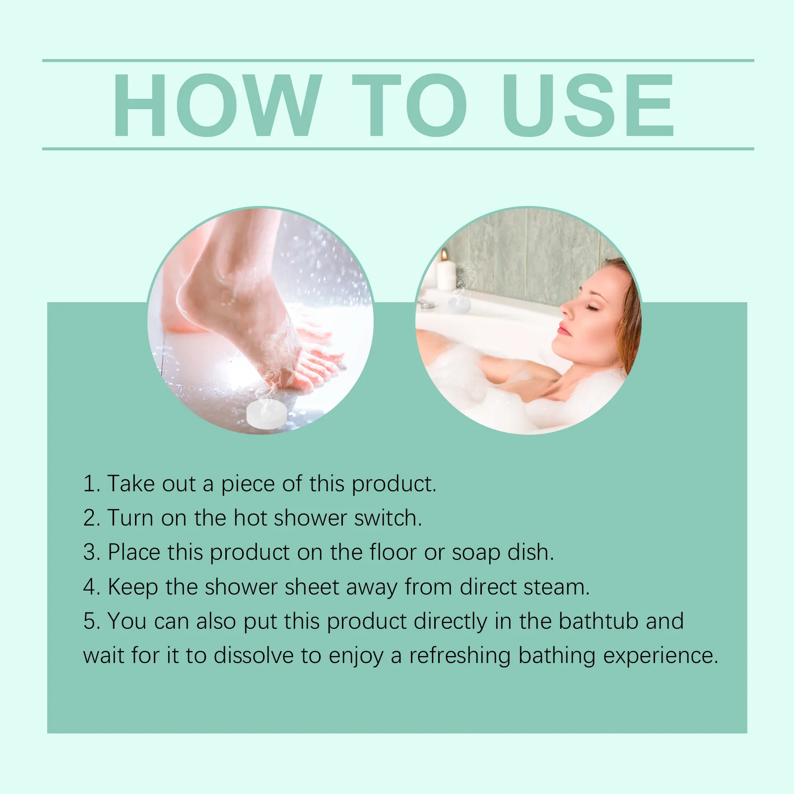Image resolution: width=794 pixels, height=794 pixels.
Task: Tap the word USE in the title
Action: point(588,105)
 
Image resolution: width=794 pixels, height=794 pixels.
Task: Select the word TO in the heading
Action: point(409,105)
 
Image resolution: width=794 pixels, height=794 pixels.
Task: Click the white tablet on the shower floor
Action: point(267,414)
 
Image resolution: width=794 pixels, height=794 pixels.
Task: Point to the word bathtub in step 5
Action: point(598,621)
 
